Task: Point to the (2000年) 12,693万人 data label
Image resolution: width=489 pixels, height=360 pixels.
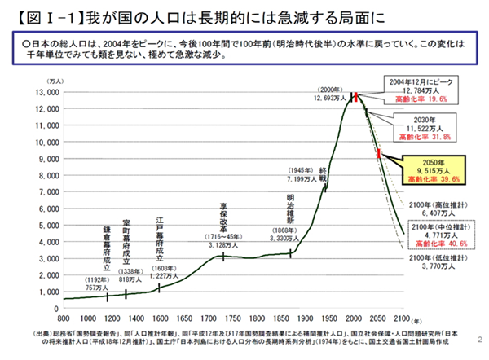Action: pos(327,94)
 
